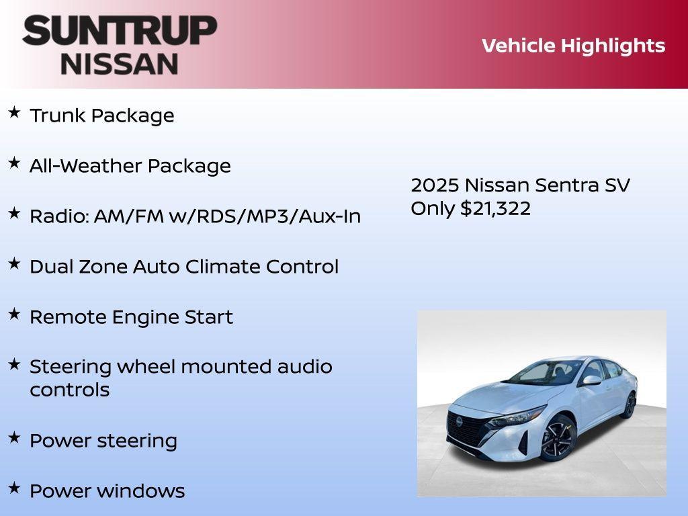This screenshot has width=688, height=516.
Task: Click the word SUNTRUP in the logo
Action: coord(120,31)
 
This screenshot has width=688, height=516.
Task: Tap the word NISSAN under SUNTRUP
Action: coord(120,64)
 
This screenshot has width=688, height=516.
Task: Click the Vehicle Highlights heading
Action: coord(573,46)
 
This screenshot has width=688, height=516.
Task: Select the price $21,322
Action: coord(495,208)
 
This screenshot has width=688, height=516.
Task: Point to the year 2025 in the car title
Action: coord(434,185)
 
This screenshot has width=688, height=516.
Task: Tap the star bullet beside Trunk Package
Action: coord(13,112)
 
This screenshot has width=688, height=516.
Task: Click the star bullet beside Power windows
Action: coord(13,488)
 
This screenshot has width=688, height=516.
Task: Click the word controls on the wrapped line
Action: coord(69,390)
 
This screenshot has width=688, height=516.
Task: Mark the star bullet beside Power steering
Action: coord(13,437)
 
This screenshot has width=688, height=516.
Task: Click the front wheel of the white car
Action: coord(557,438)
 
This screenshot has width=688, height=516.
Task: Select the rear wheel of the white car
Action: coord(630,405)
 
